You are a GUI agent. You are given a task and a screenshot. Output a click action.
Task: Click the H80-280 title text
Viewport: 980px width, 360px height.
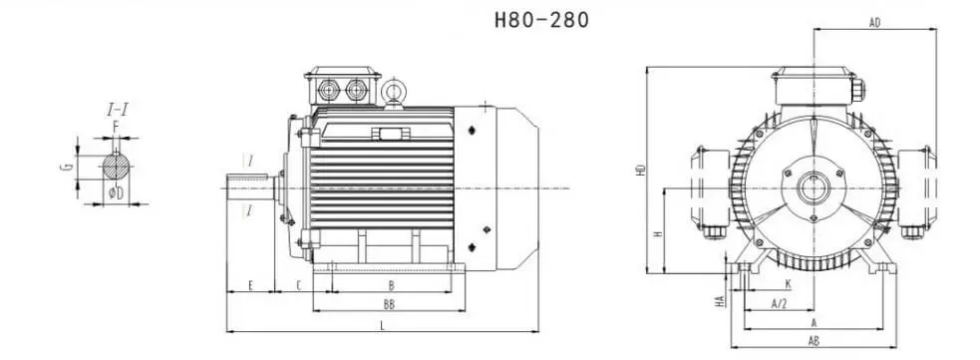click(542, 20)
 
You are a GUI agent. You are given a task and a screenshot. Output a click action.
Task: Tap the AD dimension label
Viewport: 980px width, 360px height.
click(875, 23)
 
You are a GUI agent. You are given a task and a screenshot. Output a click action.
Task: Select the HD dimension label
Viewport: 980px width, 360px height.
click(640, 170)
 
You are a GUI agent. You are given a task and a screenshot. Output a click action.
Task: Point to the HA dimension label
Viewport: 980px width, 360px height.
click(720, 301)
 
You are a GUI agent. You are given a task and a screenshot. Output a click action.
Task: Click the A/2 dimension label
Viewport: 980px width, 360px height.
click(779, 304)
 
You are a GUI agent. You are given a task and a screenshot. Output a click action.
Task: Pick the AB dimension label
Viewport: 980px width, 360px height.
click(814, 341)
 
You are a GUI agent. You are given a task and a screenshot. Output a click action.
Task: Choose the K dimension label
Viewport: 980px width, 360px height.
click(789, 284)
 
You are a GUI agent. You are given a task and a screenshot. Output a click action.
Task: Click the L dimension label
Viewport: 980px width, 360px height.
click(383, 325)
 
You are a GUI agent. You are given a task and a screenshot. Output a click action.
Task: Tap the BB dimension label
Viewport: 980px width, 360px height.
click(389, 304)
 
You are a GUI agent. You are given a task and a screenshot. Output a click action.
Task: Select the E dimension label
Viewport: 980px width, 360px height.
click(250, 285)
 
